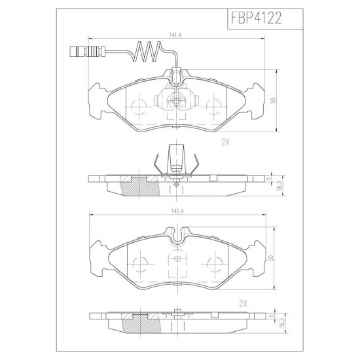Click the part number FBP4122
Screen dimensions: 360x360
point(256,18)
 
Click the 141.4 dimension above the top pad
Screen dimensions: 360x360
point(175,35)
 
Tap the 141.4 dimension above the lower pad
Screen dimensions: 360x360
point(177,211)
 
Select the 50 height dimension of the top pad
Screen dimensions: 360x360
point(273,101)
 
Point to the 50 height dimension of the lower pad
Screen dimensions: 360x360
point(271,258)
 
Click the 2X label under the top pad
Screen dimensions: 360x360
point(225,143)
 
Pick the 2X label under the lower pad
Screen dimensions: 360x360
point(243,304)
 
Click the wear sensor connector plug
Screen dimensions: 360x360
point(88,52)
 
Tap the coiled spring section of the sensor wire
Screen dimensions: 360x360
point(147,52)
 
